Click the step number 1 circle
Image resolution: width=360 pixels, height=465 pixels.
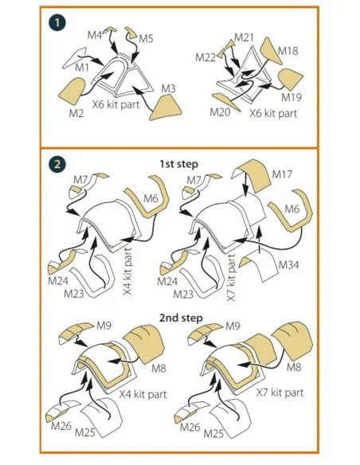tap(57, 23)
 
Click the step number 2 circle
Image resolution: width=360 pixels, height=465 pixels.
tap(57, 164)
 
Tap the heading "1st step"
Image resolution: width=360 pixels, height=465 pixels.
tap(179, 164)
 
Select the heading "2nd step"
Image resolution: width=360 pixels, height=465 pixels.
tap(181, 318)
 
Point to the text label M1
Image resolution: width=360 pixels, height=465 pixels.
tap(82, 68)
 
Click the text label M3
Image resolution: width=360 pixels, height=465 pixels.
tap(168, 88)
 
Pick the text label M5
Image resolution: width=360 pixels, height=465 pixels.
tap(146, 38)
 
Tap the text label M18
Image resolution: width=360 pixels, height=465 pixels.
tap(288, 51)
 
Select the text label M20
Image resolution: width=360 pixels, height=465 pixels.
tap(220, 112)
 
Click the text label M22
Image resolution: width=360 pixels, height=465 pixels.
tap(205, 57)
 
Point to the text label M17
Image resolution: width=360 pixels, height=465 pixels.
tap(282, 174)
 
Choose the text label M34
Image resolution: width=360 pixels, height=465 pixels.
tap(288, 265)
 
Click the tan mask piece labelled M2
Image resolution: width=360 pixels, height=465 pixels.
tap(71, 91)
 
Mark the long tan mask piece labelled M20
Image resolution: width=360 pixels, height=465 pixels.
tap(226, 102)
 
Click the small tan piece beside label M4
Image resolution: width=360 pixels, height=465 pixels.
tap(112, 29)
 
